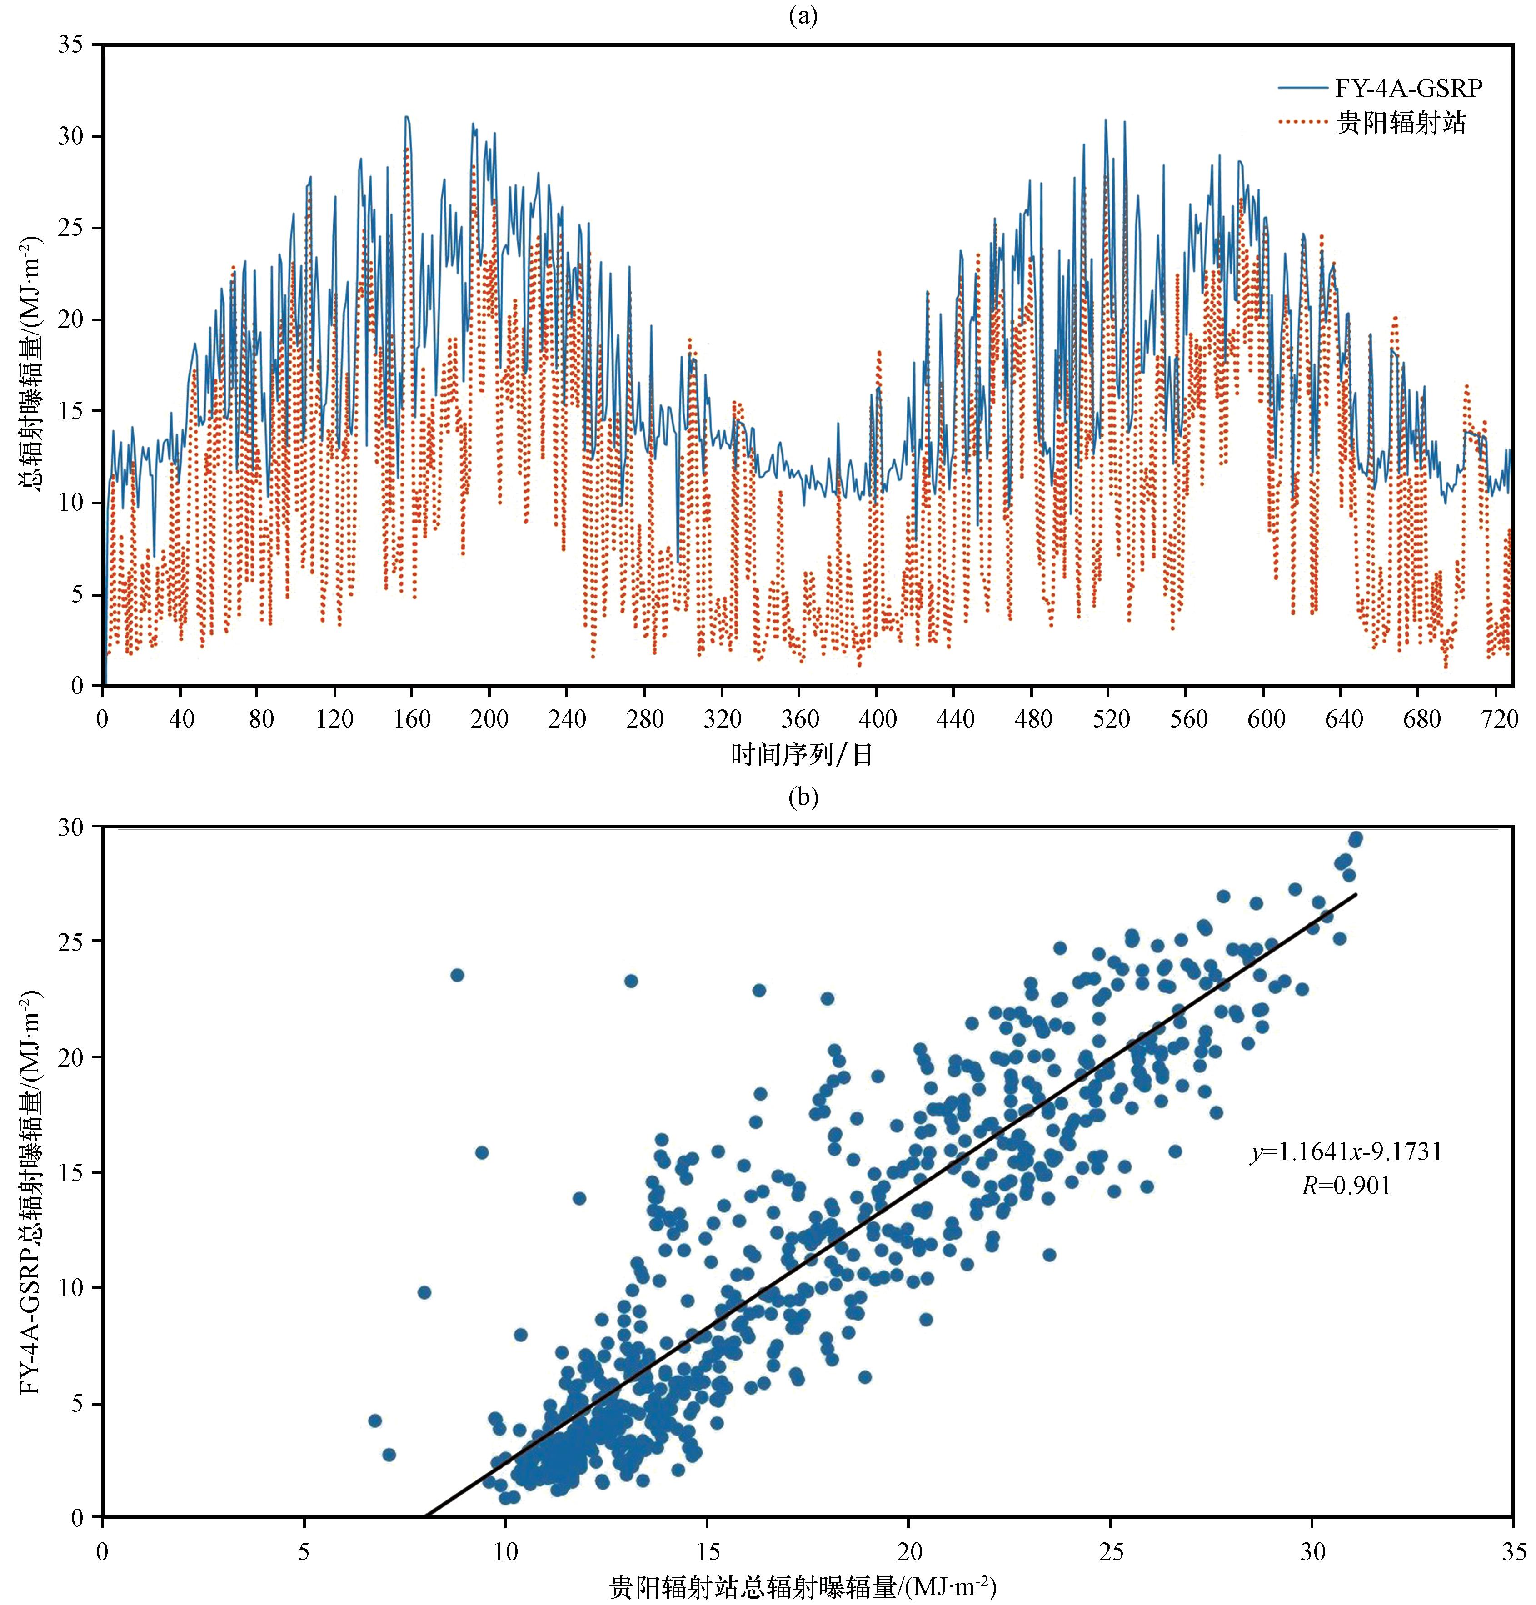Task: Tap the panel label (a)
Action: pos(803,15)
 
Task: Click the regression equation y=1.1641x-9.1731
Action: pos(1346,1152)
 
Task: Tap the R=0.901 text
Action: pos(1346,1186)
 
